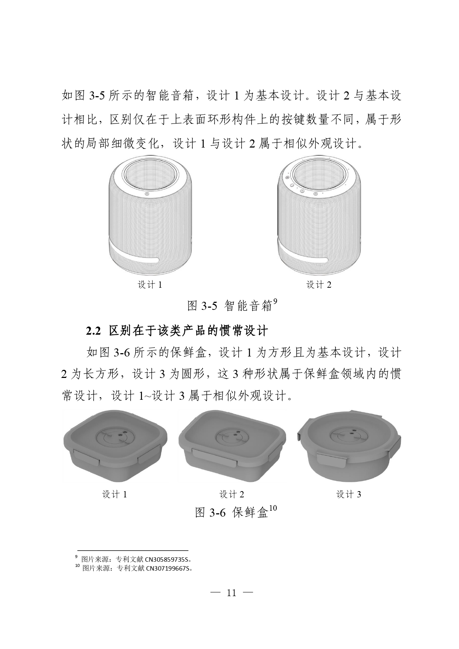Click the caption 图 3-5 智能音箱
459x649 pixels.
point(230,305)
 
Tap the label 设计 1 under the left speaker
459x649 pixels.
point(150,285)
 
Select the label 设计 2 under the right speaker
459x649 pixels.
point(319,285)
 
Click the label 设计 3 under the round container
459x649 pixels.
point(348,494)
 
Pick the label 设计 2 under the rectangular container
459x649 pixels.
point(232,494)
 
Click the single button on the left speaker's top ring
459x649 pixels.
point(147,193)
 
